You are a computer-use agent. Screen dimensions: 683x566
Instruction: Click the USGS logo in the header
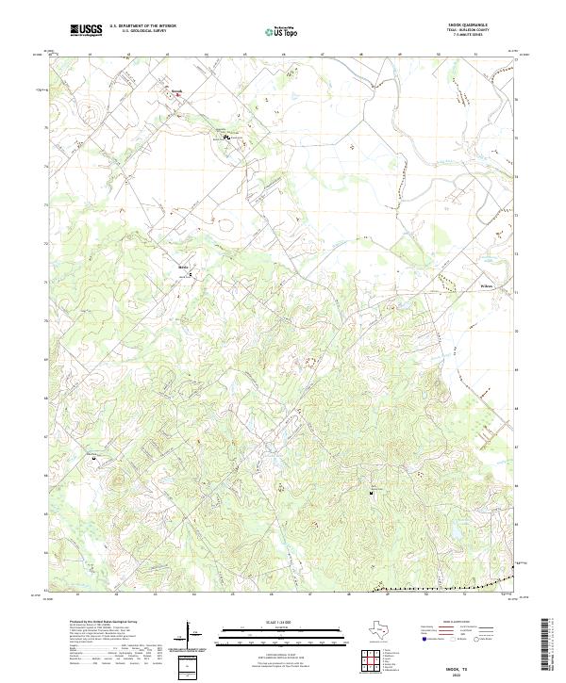87,30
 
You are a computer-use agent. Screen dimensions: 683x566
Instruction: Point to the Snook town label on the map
175,90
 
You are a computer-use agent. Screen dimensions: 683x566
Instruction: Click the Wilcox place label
487,285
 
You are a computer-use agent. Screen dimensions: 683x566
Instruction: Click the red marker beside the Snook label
179,94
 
